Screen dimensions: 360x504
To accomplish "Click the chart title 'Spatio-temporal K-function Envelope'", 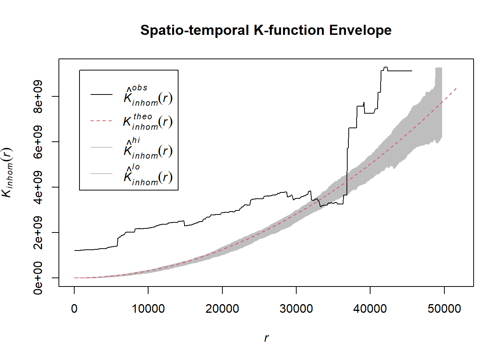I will [x=266, y=30].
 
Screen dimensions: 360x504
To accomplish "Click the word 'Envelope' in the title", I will [x=360, y=30].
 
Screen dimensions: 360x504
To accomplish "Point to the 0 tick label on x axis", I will [x=74, y=309].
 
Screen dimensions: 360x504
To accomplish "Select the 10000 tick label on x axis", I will [x=148, y=309].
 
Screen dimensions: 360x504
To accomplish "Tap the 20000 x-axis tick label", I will [x=222, y=309].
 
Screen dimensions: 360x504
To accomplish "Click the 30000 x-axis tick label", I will [x=296, y=309].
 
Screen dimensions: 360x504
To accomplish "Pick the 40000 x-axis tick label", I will [x=370, y=309].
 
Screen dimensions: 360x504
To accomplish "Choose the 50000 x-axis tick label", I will [x=444, y=309].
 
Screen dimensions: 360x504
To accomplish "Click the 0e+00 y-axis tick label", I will [x=38, y=278].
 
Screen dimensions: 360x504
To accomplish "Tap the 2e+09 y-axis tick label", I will [x=38, y=232].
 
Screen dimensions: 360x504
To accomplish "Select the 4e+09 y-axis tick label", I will [x=38, y=187].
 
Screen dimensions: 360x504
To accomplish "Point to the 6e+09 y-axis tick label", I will [x=38, y=142].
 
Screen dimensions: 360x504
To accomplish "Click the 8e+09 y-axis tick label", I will [x=38, y=96].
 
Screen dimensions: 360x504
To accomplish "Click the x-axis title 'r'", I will [x=266, y=338].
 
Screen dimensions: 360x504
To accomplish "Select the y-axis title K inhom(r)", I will [x=7, y=172].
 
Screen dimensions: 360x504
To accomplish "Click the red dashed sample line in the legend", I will [x=101, y=121].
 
